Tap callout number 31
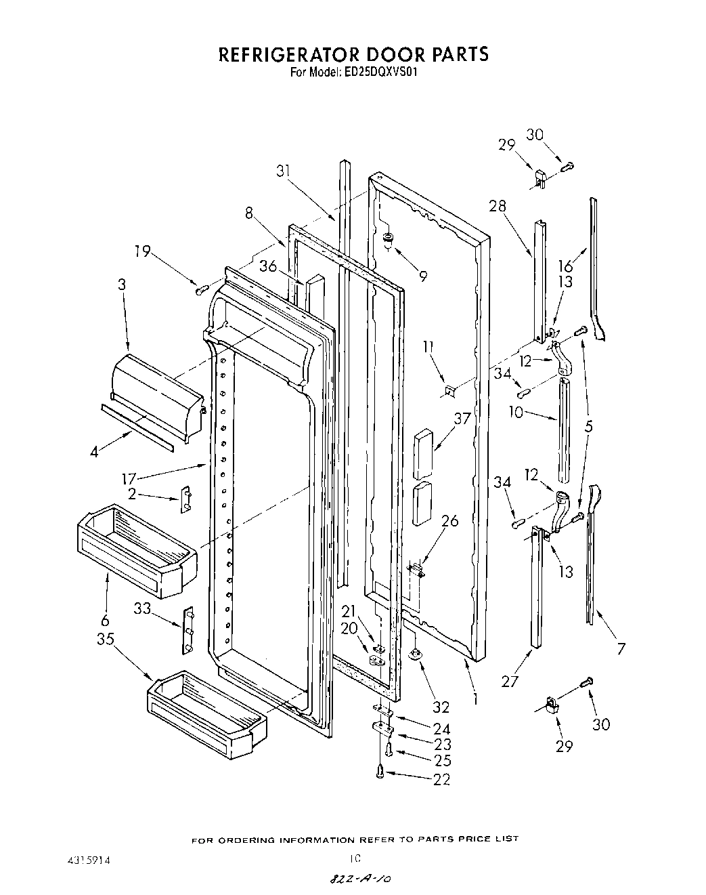[x=285, y=172]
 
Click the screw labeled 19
[x=200, y=290]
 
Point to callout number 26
[x=449, y=521]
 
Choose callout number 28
[x=498, y=206]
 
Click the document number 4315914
[x=85, y=858]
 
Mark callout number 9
[x=422, y=276]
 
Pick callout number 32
[x=441, y=707]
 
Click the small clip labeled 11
[x=449, y=390]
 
